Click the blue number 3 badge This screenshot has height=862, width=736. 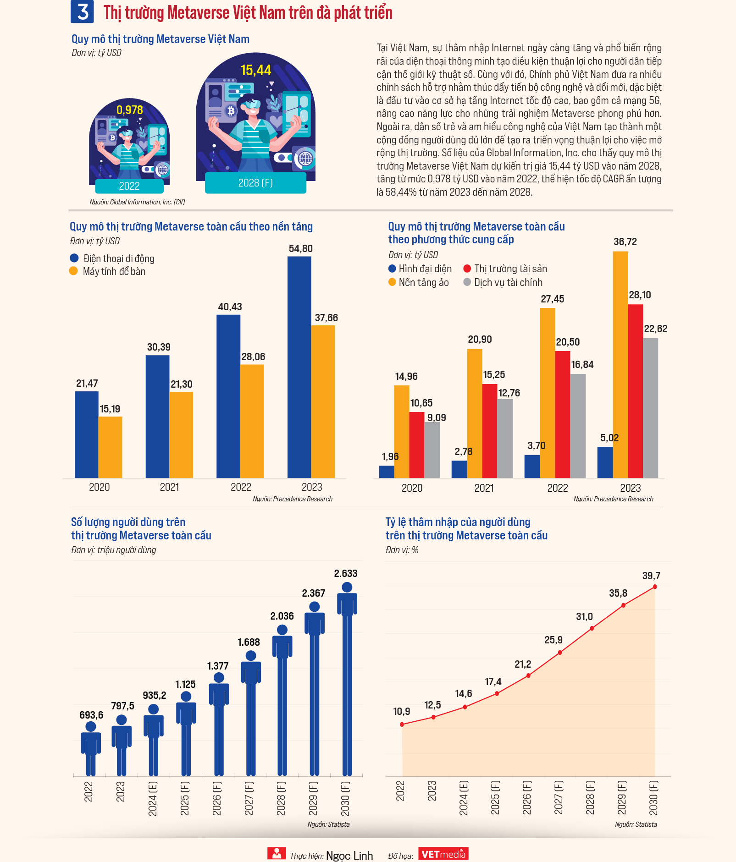click(x=82, y=11)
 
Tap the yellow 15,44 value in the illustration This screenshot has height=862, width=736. click(x=256, y=70)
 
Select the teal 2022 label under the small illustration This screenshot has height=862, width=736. click(x=129, y=186)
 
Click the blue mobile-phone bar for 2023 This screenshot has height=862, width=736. click(x=299, y=367)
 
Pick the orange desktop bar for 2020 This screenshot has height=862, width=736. click(x=110, y=447)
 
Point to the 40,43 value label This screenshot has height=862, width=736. click(x=230, y=307)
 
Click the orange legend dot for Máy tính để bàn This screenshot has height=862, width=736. click(x=73, y=271)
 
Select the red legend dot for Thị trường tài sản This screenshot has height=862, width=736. click(x=467, y=269)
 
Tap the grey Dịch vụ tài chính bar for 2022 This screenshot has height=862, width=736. click(x=578, y=426)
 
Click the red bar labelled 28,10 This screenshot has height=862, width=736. click(x=636, y=391)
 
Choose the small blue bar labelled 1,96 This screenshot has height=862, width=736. click(x=387, y=472)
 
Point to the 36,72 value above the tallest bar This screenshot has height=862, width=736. click(x=625, y=242)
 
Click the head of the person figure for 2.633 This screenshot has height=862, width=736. click(x=347, y=587)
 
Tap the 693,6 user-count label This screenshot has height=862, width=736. click(x=91, y=715)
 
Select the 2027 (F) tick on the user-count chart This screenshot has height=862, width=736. click(x=249, y=798)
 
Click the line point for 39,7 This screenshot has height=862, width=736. click(x=655, y=587)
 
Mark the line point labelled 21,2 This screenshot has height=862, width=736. click(x=528, y=675)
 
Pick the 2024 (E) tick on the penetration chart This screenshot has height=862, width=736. click(x=464, y=798)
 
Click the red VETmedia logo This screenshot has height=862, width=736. click(x=443, y=854)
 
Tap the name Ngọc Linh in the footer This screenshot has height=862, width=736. click(x=349, y=856)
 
